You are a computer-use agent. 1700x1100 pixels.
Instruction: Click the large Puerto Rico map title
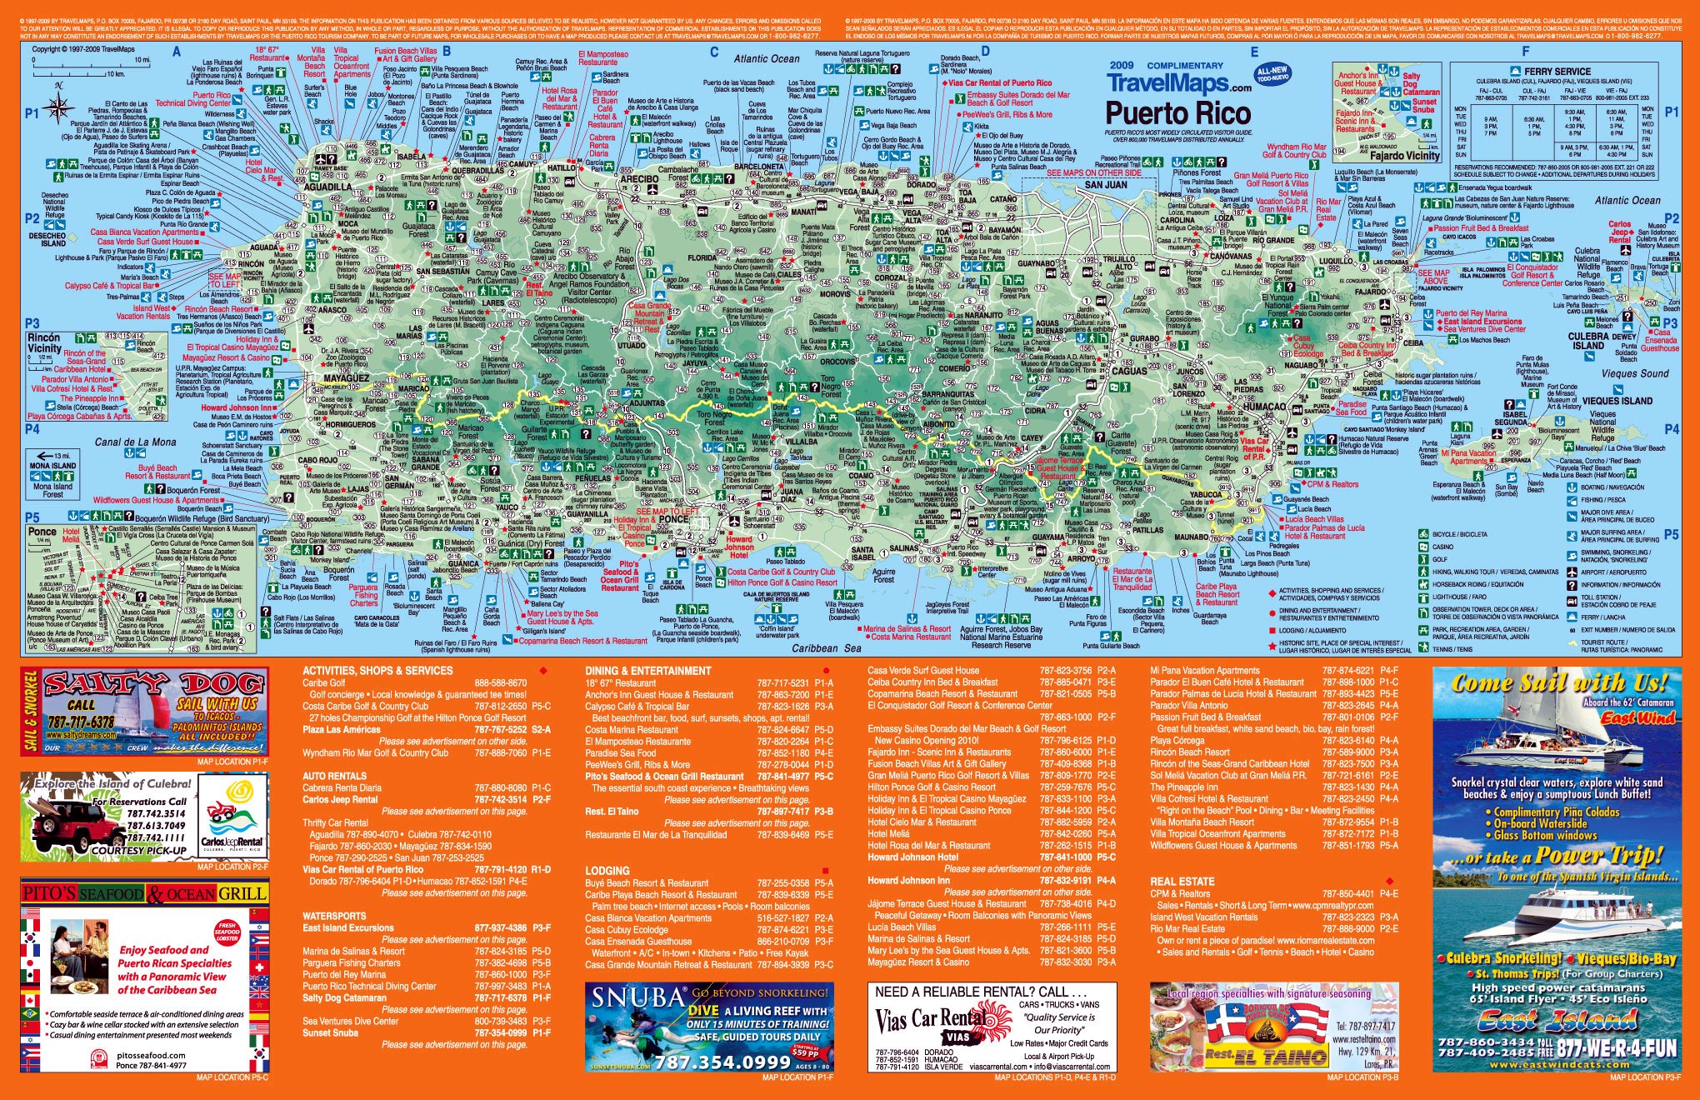coord(1177,112)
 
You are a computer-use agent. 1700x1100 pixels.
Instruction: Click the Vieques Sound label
coord(1635,374)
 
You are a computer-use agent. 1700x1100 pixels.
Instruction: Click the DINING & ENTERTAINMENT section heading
coord(647,671)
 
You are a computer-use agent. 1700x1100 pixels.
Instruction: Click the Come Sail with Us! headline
coord(1559,682)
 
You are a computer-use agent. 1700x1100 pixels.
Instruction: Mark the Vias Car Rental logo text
coord(932,1022)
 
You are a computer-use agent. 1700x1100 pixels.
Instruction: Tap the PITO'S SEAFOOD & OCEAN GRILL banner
coord(145,893)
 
